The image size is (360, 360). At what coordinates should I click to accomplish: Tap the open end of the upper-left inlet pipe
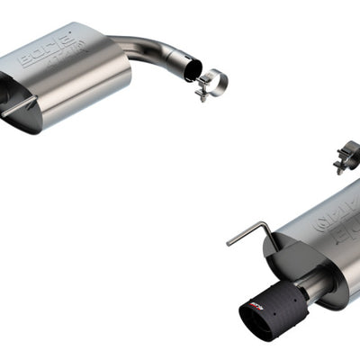pos(191,68)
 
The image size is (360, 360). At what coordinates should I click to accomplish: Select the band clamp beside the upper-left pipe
pos(211,84)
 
